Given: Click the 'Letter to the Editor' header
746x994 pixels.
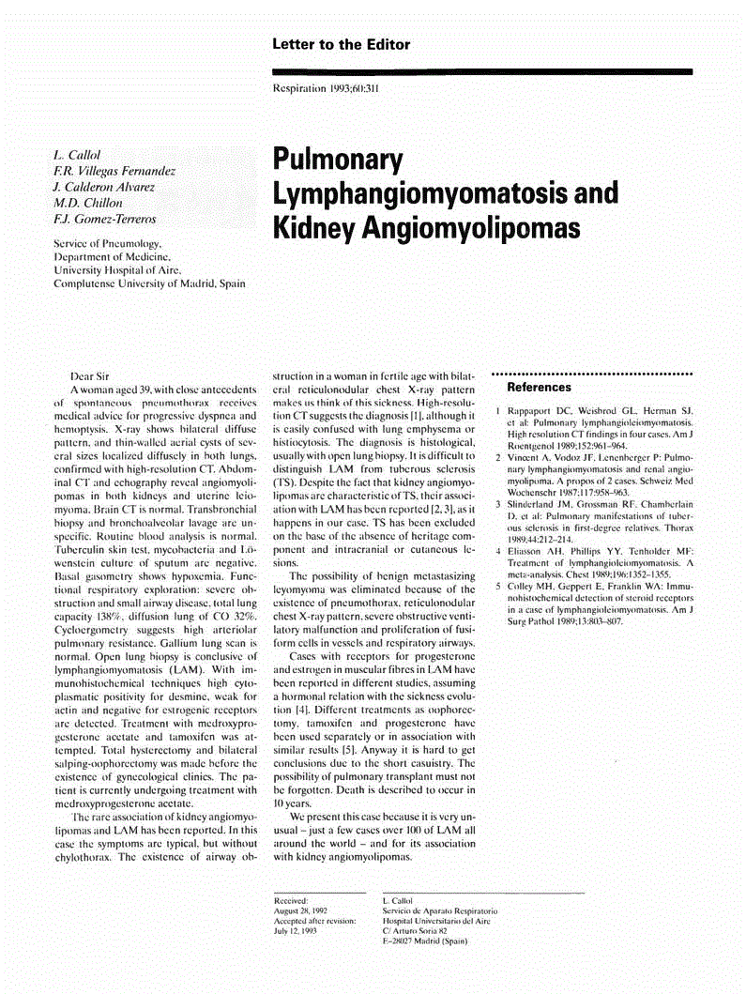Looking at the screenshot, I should coord(341,44).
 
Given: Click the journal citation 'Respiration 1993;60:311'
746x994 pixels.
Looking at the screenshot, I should coord(326,90).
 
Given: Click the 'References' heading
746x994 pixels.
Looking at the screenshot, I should coord(539,387).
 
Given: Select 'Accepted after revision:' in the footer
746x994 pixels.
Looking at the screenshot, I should coord(314,921).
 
